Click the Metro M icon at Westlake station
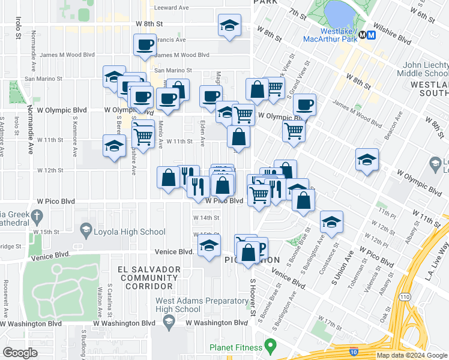(371, 35)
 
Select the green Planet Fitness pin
(271, 346)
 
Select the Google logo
(20, 352)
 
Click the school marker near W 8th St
(228, 26)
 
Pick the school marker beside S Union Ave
(331, 222)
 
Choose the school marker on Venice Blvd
(209, 246)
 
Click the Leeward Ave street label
(172, 8)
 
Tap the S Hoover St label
(253, 298)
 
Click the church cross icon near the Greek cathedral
(37, 215)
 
